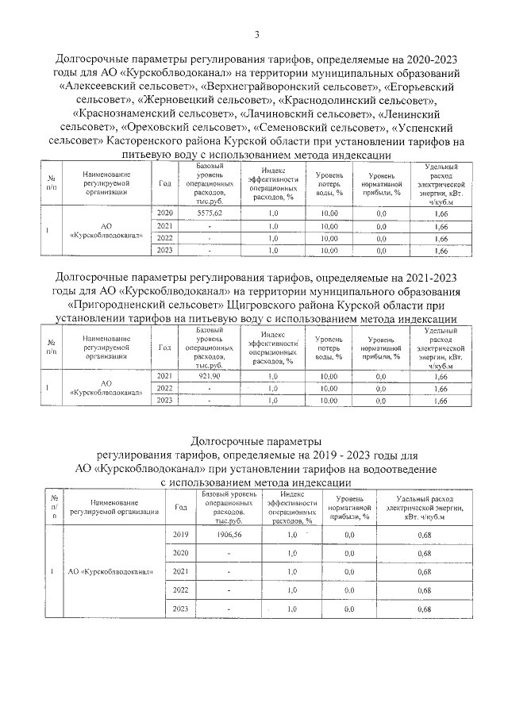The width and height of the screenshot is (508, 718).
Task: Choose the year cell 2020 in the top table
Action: click(x=165, y=214)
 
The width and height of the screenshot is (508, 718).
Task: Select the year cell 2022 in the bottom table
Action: click(x=180, y=590)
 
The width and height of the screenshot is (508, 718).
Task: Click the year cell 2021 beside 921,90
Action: click(x=165, y=376)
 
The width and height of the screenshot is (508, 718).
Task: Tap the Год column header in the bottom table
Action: click(x=180, y=509)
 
